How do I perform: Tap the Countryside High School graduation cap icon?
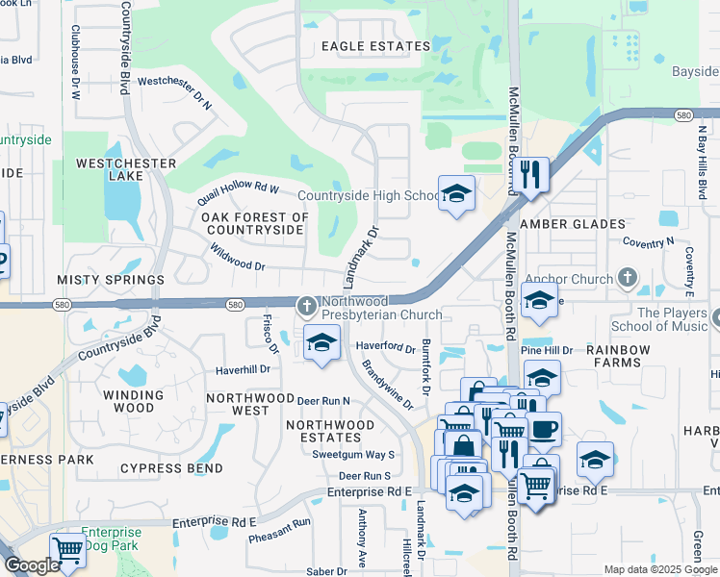[x=456, y=192]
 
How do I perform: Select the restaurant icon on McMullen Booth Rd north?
[x=529, y=174]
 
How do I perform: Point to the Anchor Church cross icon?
[x=628, y=280]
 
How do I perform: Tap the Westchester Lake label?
[x=127, y=170]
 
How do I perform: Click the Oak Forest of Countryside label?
[x=256, y=224]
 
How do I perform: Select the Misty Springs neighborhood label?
[x=111, y=280]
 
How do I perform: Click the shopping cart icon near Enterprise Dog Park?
[x=67, y=550]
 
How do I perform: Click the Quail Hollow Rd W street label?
[x=237, y=188]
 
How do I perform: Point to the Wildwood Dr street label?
[x=237, y=257]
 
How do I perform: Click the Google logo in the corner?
[x=31, y=565]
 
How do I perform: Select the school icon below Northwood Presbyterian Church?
[x=322, y=342]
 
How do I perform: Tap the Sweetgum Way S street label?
[x=353, y=454]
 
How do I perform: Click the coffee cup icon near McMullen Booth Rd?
[x=545, y=428]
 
